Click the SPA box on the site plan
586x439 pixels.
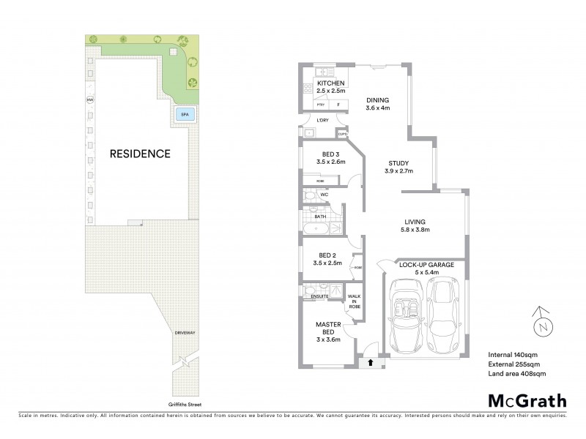(182, 115)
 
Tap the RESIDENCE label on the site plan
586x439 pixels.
(140, 154)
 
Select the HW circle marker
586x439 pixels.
(91, 100)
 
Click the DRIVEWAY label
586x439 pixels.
(185, 333)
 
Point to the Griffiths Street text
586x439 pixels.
(183, 404)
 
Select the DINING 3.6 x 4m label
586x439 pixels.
(378, 104)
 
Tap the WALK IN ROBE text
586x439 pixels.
(355, 301)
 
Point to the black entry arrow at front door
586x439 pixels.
(371, 361)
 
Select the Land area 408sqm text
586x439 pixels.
(516, 374)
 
